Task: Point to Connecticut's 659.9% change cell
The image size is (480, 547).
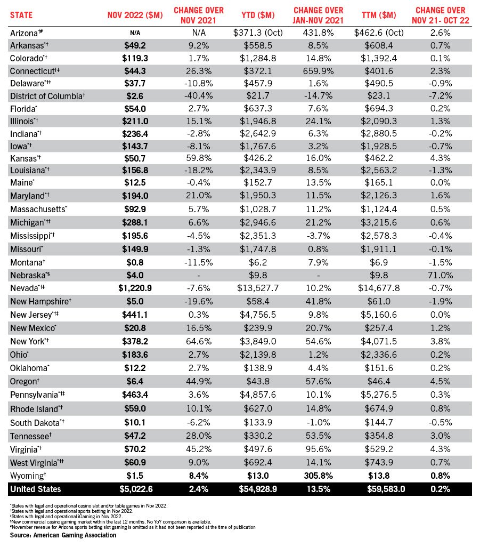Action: (x=317, y=70)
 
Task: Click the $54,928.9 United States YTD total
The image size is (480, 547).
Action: (x=258, y=489)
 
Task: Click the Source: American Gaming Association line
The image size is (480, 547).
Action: (x=63, y=535)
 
